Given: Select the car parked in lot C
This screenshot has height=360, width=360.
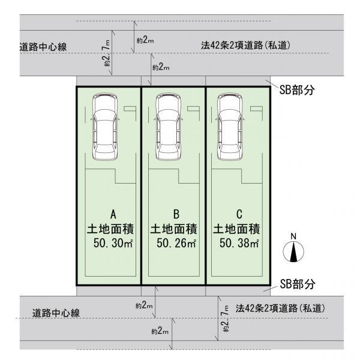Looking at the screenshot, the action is tap(231, 127).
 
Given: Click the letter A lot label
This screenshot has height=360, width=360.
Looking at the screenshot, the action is tap(112, 214).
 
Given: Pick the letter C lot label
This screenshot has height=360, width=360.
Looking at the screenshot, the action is tap(239, 214).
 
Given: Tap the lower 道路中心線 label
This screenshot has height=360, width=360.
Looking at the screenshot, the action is tap(56, 313).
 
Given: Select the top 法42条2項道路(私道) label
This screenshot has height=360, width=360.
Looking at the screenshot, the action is tap(251, 45).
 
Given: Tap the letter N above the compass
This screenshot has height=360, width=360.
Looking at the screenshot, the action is tap(293, 236).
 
